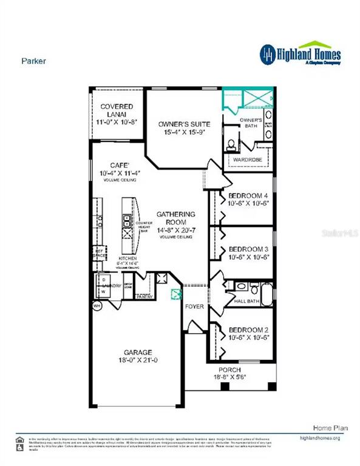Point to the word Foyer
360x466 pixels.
pyautogui.click(x=194, y=306)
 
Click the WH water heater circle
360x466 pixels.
pyautogui.click(x=96, y=306)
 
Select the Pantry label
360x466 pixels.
pyautogui.click(x=144, y=297)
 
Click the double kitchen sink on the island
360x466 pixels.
pyautogui.click(x=127, y=220)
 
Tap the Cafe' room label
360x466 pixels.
pyautogui.click(x=117, y=165)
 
